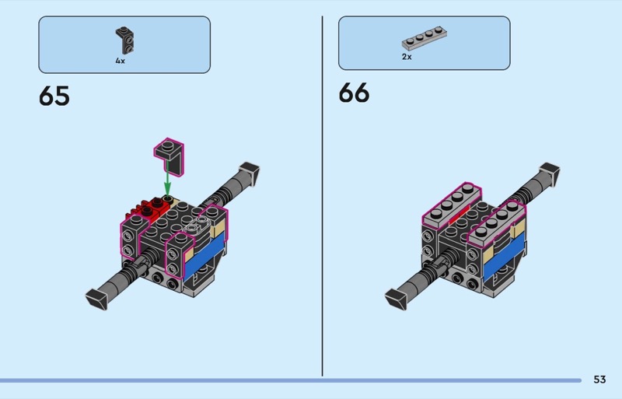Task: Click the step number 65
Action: tap(54, 96)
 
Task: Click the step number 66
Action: tap(354, 93)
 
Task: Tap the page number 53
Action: tap(599, 380)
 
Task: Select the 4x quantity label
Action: tap(121, 61)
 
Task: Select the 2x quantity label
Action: tap(407, 57)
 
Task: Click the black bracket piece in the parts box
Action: tap(125, 40)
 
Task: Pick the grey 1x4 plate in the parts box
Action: tap(424, 38)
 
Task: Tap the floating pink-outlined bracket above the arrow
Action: tap(170, 156)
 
